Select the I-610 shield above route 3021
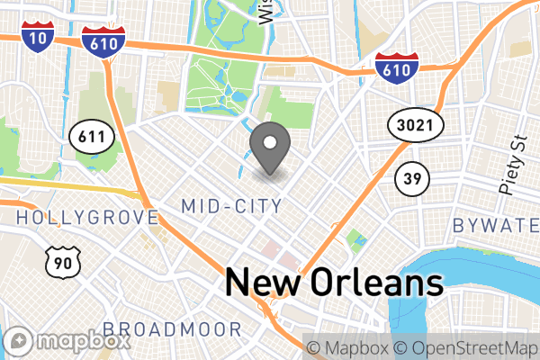click(397, 68)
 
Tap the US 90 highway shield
click(61, 262)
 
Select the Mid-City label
click(231, 206)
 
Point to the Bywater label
click(496, 224)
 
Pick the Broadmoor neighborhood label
click(172, 328)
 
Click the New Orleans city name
click(334, 282)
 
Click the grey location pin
click(269, 148)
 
